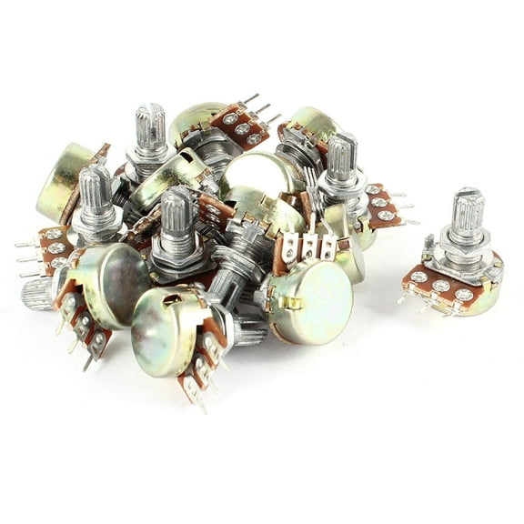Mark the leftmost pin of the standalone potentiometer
tap(402, 297)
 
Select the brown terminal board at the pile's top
tap(239, 124)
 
